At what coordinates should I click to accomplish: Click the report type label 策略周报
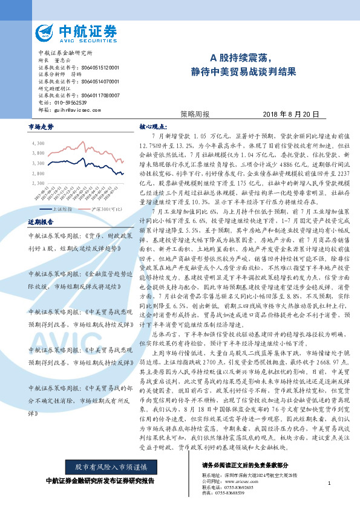click(195, 114)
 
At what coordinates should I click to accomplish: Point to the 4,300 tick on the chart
click(38, 143)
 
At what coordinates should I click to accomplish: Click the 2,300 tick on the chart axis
click(38, 182)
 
